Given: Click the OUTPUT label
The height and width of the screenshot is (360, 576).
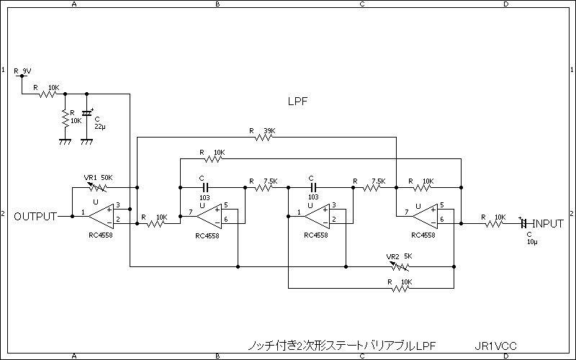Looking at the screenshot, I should pos(35,216).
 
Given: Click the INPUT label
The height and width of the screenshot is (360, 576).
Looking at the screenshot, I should pos(547,224).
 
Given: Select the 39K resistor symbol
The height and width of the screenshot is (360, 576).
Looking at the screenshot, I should pos(264,137).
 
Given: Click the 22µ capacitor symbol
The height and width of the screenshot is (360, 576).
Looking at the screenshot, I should pos(87,114).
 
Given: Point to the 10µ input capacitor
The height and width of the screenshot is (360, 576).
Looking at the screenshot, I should pos(524,224).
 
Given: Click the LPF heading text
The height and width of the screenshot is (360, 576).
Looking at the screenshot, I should pos(297,102).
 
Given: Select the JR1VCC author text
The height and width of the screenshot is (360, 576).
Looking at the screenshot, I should pos(496,346).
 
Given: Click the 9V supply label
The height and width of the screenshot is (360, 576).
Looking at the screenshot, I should pos(27,71).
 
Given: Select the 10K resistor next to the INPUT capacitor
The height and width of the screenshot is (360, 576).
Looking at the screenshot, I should pos(494,223).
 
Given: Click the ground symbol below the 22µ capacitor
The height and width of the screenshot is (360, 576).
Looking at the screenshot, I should pos(87,141).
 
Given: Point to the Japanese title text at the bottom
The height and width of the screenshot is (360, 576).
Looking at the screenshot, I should pos(341,346).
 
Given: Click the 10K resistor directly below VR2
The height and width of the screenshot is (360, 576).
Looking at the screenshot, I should pos(400,288).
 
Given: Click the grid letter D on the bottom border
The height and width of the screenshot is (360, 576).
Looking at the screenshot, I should pos(505,356).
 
